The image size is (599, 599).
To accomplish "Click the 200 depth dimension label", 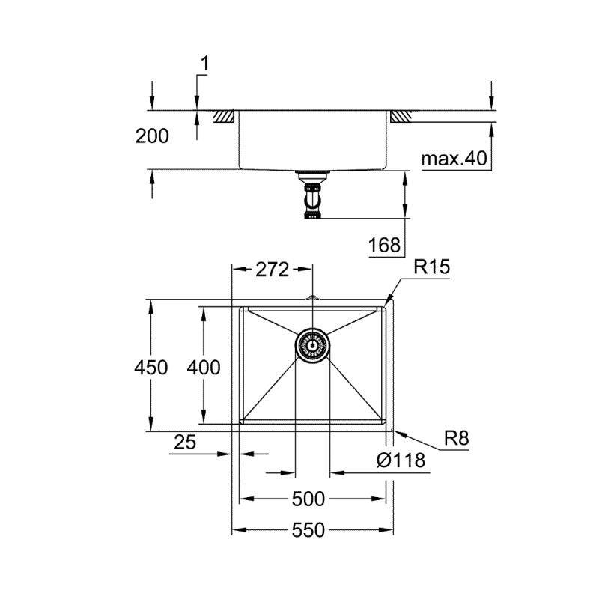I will coord(152,136).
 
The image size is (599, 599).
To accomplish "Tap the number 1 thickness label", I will coord(204,66).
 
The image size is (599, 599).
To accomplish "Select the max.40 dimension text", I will coord(454,159).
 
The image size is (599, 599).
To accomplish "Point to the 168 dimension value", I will coord(385,244).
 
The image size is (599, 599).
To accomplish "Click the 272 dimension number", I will coord(272,270).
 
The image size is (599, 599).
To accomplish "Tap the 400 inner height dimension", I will coord(204,368).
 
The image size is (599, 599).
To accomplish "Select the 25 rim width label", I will coord(184,443).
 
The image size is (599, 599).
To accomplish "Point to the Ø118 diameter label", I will coord(401,460).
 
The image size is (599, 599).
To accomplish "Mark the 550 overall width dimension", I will coord(310,530).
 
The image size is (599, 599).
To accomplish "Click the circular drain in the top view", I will coord(312,345).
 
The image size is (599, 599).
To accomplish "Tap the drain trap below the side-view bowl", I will coord(312,196).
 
